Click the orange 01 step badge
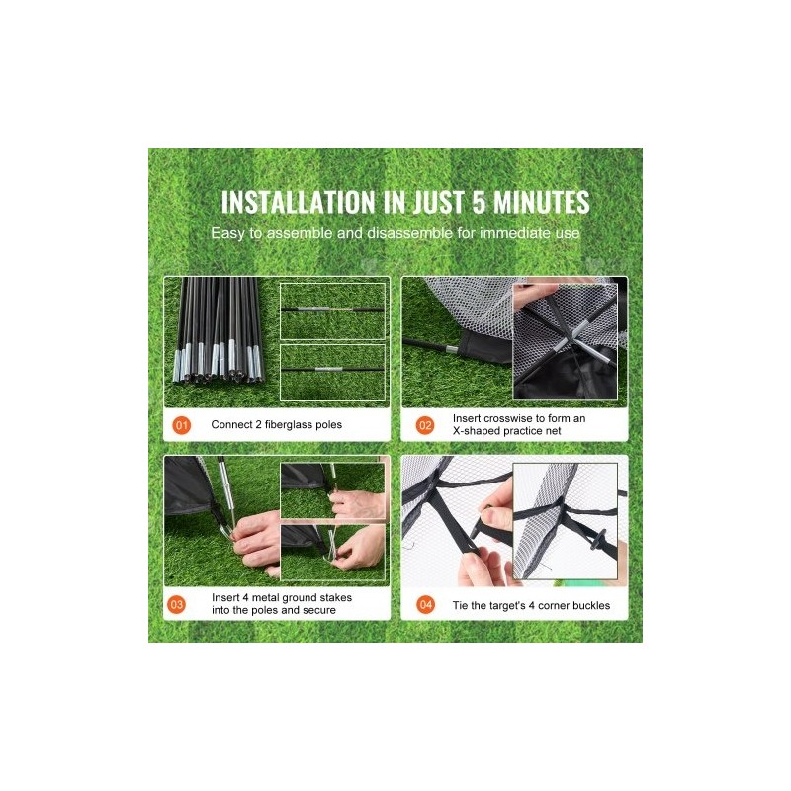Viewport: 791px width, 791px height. pyautogui.click(x=182, y=425)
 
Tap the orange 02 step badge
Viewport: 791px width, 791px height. pyautogui.click(x=425, y=425)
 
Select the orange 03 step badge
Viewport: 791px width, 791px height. pyautogui.click(x=177, y=604)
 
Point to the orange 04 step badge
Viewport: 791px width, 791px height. pyautogui.click(x=426, y=604)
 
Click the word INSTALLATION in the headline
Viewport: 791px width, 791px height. pyautogui.click(x=299, y=202)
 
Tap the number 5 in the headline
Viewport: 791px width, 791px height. pyautogui.click(x=479, y=202)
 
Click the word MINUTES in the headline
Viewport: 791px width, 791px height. pyautogui.click(x=541, y=202)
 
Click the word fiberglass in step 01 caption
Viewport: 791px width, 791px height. pyautogui.click(x=289, y=425)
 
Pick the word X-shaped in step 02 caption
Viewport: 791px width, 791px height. pyautogui.click(x=475, y=431)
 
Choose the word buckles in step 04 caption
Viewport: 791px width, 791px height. pyautogui.click(x=591, y=605)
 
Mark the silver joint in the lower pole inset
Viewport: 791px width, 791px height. pyautogui.click(x=329, y=369)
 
